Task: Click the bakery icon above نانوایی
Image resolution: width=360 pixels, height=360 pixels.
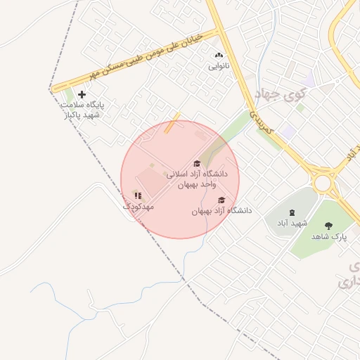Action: [218, 55]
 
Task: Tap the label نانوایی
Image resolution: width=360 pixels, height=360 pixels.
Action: [218, 66]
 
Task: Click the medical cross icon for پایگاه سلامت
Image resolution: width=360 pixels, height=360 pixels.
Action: [82, 94]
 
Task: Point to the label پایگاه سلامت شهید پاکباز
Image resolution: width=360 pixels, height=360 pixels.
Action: [82, 109]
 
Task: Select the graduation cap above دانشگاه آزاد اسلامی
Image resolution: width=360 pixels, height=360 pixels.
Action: [197, 164]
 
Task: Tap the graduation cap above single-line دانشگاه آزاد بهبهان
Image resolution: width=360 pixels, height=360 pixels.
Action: [221, 200]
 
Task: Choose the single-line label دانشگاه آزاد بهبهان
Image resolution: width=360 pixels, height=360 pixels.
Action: [221, 211]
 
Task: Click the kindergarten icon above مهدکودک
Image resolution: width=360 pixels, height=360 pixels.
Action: [138, 195]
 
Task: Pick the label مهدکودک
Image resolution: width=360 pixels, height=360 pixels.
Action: [138, 207]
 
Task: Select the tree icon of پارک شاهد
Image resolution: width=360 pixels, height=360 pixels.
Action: [328, 226]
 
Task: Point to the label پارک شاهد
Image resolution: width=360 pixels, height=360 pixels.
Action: [328, 238]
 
